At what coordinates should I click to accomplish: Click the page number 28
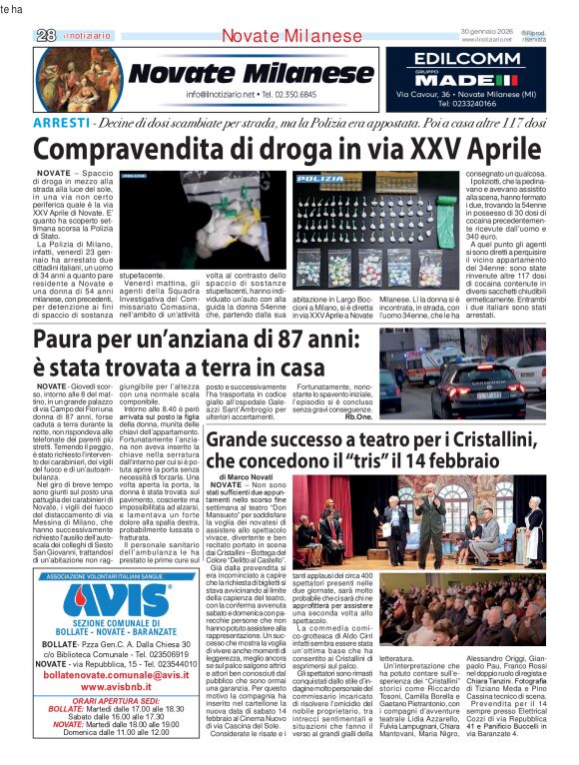tap(45, 34)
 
